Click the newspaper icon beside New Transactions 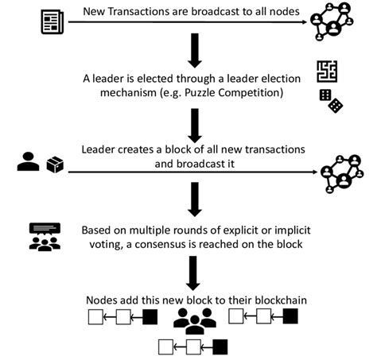53,19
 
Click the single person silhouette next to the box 29,161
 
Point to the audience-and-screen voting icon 44,237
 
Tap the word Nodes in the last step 103,300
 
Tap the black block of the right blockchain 290,318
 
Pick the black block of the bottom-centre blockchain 220,346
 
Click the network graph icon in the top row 337,22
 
